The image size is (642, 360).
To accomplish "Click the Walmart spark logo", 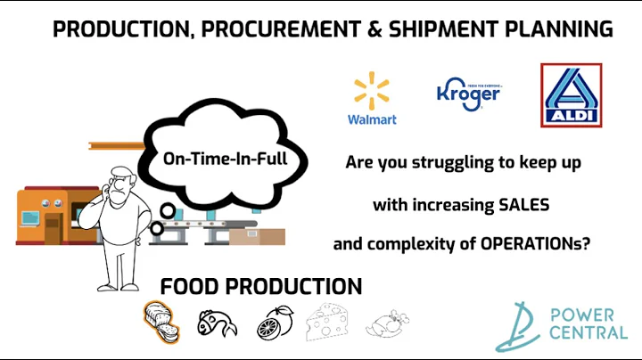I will [x=372, y=92].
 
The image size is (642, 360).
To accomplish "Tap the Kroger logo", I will [x=467, y=90].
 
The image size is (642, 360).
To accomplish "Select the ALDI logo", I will [x=572, y=94].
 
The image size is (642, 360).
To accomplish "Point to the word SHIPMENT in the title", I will [x=440, y=29].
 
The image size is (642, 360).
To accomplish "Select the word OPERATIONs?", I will [x=531, y=242].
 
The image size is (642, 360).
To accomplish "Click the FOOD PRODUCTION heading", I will [x=260, y=286].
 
